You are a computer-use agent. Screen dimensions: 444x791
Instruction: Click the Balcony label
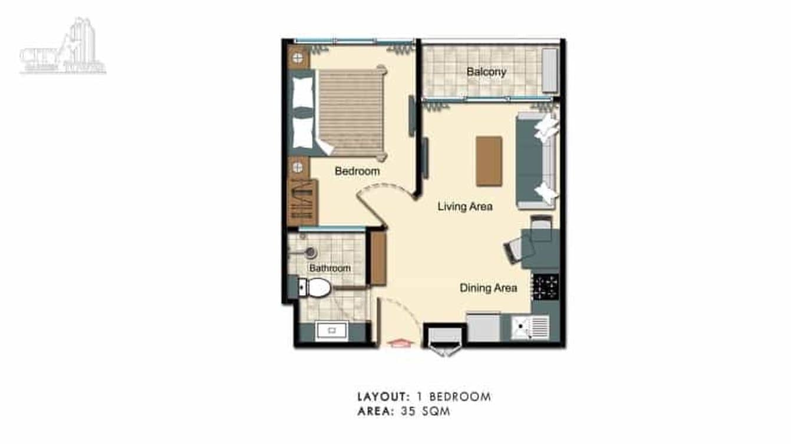click(x=486, y=72)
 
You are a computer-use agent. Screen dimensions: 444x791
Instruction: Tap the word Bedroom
click(x=357, y=171)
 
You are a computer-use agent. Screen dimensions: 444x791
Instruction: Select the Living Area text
click(x=465, y=207)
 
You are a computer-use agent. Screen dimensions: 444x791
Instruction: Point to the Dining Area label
click(x=488, y=288)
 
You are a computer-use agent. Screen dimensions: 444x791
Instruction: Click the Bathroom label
click(x=330, y=268)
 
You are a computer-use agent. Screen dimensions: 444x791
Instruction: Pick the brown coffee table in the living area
click(x=489, y=161)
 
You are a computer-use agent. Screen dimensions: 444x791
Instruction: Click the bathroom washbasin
click(x=331, y=330)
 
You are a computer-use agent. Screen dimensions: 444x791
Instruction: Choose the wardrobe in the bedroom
click(x=302, y=202)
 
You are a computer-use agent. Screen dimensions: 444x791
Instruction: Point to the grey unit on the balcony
click(x=550, y=71)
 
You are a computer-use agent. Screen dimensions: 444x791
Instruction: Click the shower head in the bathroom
click(x=309, y=252)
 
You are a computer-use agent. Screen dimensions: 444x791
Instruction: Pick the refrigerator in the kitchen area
click(x=483, y=327)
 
